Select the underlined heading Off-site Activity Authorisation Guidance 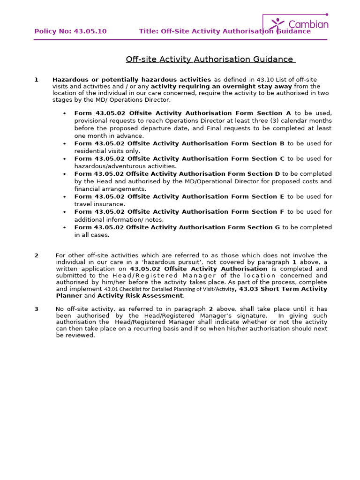[210, 60]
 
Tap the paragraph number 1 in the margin [36, 80]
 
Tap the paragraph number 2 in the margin [36, 255]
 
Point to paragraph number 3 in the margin [36, 309]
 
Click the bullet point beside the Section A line [64, 113]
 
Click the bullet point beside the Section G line [64, 227]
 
